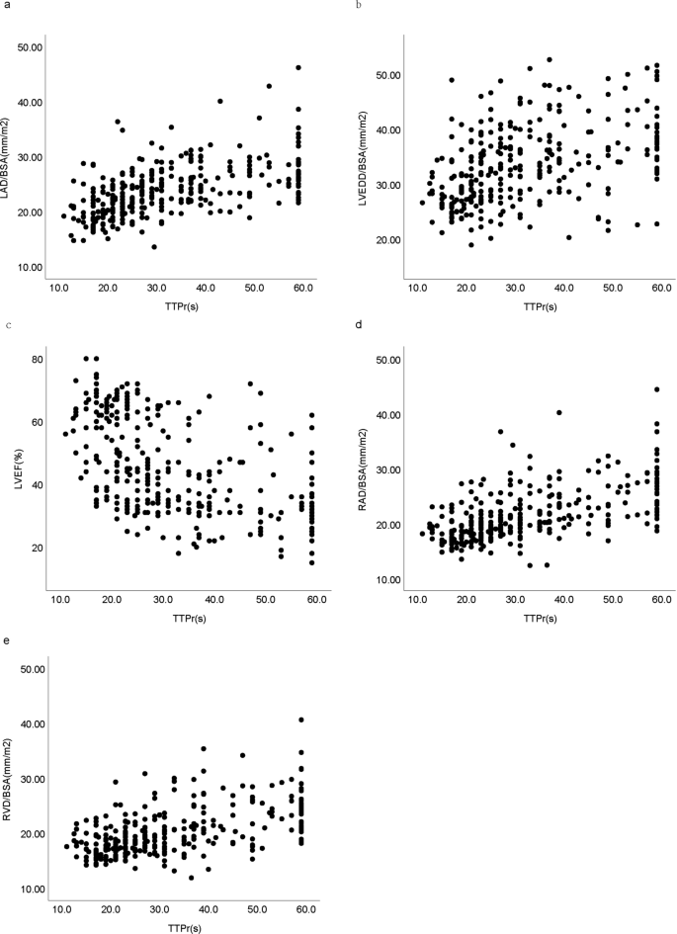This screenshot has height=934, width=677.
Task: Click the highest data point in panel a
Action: click(298, 68)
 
